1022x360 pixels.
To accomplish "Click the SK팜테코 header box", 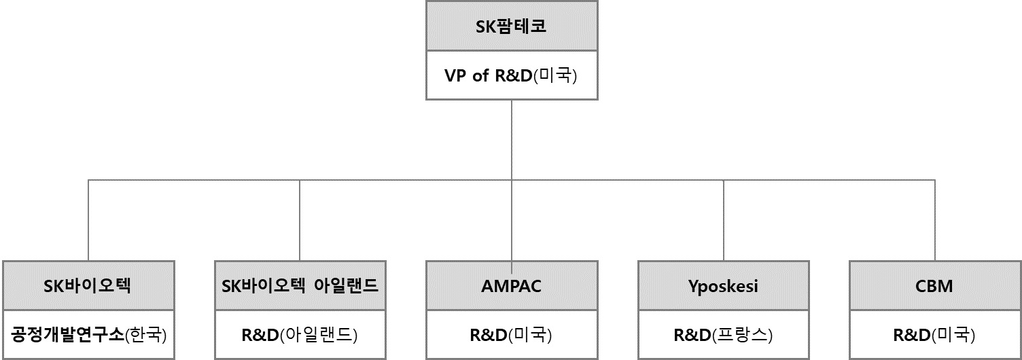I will (512, 26).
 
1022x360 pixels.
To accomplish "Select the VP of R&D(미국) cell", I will (512, 75).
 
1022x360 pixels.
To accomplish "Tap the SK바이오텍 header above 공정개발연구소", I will (88, 286).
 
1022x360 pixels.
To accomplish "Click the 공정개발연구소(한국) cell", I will (88, 335).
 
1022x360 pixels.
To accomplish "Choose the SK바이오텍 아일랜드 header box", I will (300, 286).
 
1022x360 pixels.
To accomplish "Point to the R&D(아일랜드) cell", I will (300, 335).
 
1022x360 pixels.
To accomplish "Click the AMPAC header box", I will (512, 286).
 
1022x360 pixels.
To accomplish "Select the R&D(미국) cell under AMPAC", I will (512, 335).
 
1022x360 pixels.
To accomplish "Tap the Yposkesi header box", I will (723, 286).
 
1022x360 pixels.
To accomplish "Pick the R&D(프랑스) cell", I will (723, 335).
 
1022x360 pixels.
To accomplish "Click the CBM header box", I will (934, 286).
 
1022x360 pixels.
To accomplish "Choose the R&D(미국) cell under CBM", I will (934, 335).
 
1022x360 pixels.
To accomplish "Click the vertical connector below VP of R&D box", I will (512, 139).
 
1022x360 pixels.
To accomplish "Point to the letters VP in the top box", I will (456, 75).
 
